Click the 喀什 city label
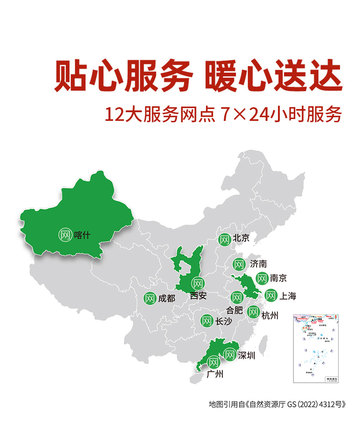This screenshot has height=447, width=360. (82, 235)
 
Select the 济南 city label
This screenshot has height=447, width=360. (258, 264)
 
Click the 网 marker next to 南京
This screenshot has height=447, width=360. (262, 278)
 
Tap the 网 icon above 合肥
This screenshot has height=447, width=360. (237, 297)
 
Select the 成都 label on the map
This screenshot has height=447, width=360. (166, 298)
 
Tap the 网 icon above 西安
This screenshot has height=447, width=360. (197, 283)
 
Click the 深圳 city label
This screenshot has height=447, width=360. (247, 355)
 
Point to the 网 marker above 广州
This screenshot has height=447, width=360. (213, 363)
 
